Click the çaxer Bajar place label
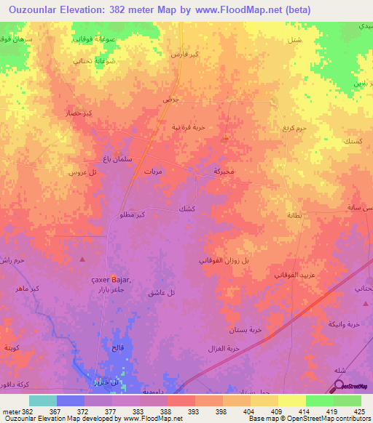coord(111,281)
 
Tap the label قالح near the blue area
coord(117,348)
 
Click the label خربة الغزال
coord(223,349)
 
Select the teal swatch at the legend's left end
coord(42,400)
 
